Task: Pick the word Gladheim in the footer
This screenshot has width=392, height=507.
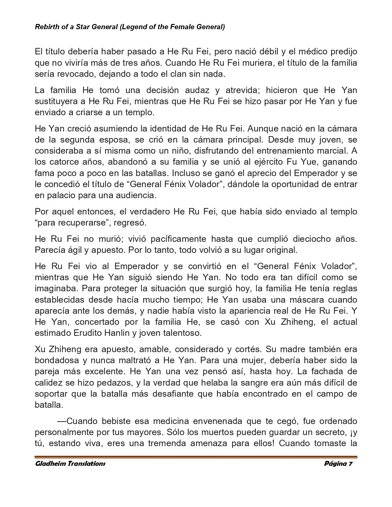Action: click(50, 464)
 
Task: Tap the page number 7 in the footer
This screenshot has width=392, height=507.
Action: click(350, 464)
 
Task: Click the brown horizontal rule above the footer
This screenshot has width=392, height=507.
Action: click(196, 457)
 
